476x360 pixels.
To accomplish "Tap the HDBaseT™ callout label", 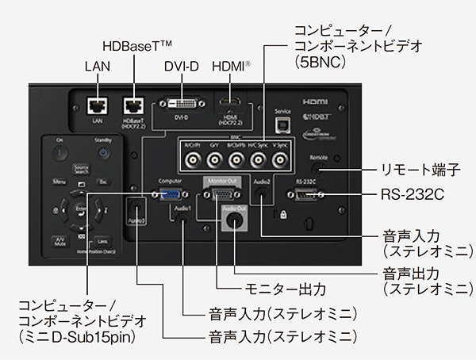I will pos(135,48).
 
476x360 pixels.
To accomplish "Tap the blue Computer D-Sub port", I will pos(170,194).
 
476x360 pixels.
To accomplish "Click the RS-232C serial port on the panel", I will pos(308,195).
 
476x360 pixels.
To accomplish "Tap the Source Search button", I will pos(81,170).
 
